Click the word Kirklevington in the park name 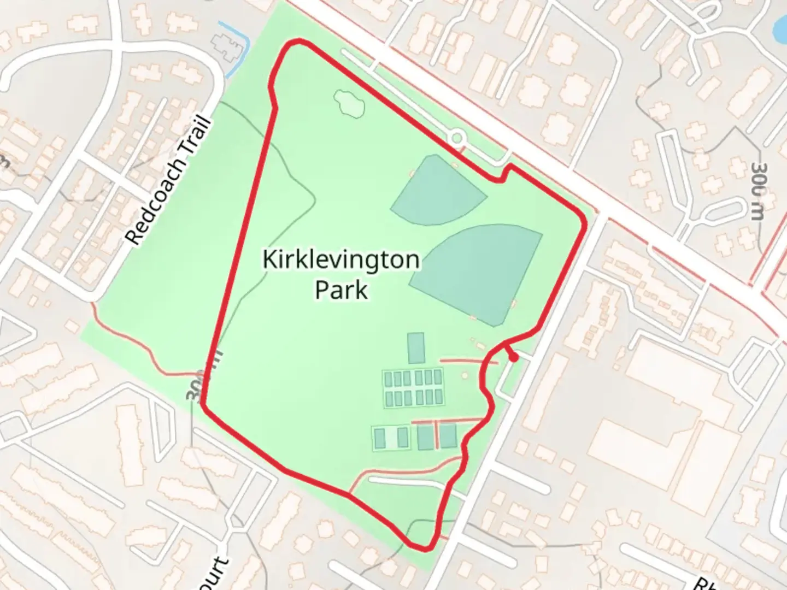tap(340, 259)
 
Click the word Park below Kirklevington tap(341, 290)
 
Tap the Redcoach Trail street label tap(167, 180)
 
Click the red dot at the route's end tap(514, 357)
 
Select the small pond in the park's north tap(348, 102)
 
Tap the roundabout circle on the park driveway tap(456, 136)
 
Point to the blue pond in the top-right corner tap(782, 25)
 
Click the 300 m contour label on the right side tap(757, 191)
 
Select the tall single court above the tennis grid tap(416, 348)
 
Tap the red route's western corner tap(203, 405)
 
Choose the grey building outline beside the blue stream tap(224, 44)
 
